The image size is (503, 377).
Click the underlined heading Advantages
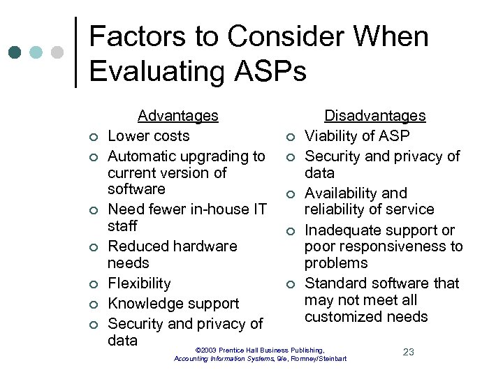tap(177, 115)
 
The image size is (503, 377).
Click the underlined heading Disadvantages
tap(374, 115)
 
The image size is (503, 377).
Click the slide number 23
tap(408, 352)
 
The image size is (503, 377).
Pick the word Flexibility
tap(139, 283)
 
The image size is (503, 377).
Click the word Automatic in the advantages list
tap(144, 156)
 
